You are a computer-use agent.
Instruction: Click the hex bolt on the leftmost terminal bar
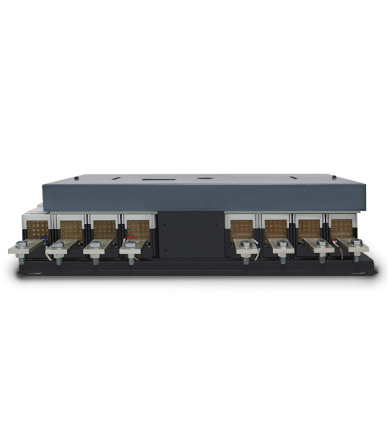coord(21,245)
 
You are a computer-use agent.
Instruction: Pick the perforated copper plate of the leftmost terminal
coord(38,229)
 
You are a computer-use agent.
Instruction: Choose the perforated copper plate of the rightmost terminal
coord(341,227)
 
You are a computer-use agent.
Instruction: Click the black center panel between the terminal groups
coord(190,233)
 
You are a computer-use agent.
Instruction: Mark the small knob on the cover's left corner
coord(76,178)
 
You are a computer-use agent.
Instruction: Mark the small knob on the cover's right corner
coord(334,178)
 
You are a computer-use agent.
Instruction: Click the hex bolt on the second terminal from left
coord(58,245)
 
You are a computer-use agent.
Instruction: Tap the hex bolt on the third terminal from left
coord(95,244)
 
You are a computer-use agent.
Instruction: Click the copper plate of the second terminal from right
coord(309,228)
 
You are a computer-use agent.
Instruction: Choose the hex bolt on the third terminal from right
coord(282,244)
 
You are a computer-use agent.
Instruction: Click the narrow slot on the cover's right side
coord(293,178)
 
